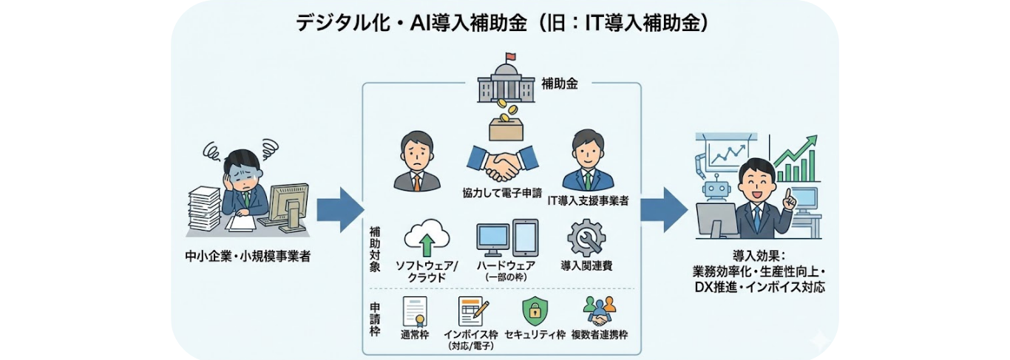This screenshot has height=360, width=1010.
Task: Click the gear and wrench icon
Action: pyautogui.click(x=586, y=240)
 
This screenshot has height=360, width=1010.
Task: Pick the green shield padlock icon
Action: pyautogui.click(x=533, y=310)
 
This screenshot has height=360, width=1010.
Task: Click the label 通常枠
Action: pyautogui.click(x=415, y=334)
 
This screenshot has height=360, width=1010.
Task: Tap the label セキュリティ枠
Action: pyautogui.click(x=535, y=334)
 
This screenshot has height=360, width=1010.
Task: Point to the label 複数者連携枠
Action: pyautogui.click(x=599, y=334)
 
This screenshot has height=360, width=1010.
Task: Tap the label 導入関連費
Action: pyautogui.click(x=586, y=265)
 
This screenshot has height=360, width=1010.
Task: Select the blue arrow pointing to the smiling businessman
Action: pyautogui.click(x=663, y=209)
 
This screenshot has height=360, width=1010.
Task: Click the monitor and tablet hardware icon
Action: pyautogui.click(x=506, y=239)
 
